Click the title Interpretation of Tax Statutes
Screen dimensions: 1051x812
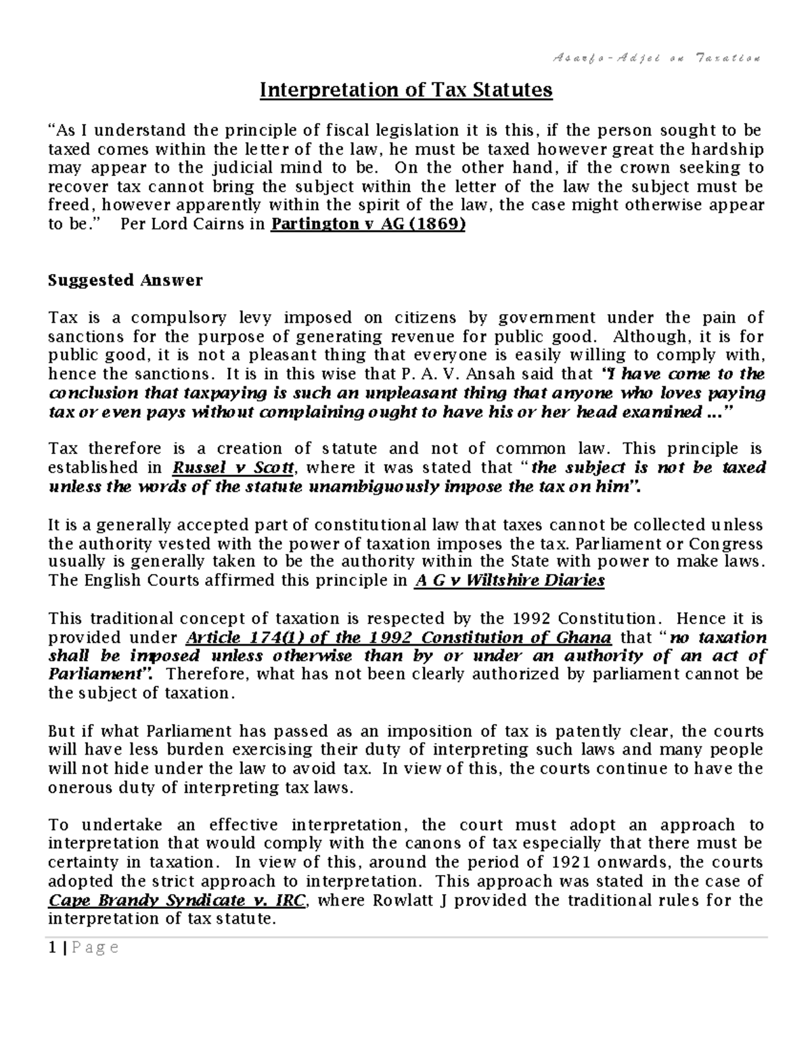(x=407, y=90)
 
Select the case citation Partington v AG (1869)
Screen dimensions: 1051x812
(x=367, y=225)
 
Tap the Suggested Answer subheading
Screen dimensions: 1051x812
(x=125, y=280)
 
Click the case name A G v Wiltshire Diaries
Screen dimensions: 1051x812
(x=508, y=581)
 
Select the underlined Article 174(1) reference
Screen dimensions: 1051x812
(x=398, y=638)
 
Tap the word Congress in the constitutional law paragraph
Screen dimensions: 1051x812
(x=726, y=543)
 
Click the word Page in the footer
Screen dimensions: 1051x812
(x=94, y=948)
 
